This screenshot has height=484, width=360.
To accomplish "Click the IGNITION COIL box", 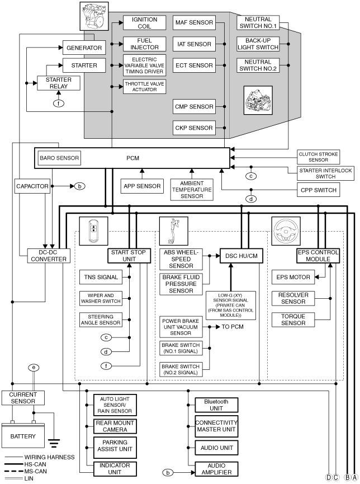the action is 144,22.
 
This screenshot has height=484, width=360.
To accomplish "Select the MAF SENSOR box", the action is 194,22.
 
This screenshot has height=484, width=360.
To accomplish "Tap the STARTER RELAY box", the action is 59,83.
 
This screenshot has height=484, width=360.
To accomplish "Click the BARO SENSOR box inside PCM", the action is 59,158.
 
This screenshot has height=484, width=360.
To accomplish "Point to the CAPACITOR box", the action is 32,186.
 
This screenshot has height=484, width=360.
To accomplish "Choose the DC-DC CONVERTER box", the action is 49,256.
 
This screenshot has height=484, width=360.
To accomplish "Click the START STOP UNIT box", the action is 129,256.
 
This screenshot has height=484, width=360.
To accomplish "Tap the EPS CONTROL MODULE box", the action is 318,256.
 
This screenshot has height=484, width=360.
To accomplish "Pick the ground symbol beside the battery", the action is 54,443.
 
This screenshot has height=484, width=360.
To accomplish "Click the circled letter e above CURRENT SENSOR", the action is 34,368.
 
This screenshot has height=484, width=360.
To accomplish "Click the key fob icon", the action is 93,231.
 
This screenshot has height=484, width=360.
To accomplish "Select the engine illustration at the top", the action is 94,16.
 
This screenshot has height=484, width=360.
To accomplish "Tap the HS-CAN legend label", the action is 35,464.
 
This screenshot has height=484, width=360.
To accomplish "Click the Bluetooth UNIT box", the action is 216,405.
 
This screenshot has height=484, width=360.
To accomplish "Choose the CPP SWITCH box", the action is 319,190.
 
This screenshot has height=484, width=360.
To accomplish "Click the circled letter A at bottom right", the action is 355,477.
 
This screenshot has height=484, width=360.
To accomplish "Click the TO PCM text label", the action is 233,327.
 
